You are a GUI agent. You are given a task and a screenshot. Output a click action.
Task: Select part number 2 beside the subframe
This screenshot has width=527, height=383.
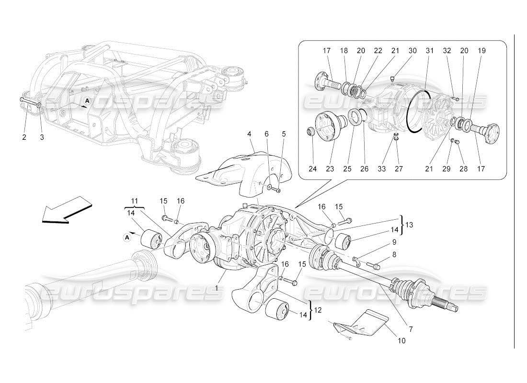point(24,137)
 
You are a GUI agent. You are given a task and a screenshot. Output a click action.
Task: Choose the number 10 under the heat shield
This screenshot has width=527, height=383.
point(401,341)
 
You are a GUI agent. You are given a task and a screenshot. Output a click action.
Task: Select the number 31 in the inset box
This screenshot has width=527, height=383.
point(429,50)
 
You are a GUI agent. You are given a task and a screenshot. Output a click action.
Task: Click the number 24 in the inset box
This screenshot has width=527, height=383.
point(312,169)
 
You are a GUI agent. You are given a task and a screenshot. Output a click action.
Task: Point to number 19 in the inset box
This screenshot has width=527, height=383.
point(481,50)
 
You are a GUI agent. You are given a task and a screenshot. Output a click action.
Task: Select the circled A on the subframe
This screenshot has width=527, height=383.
point(87,101)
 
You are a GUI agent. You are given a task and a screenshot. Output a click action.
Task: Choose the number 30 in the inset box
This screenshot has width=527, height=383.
point(412,50)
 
